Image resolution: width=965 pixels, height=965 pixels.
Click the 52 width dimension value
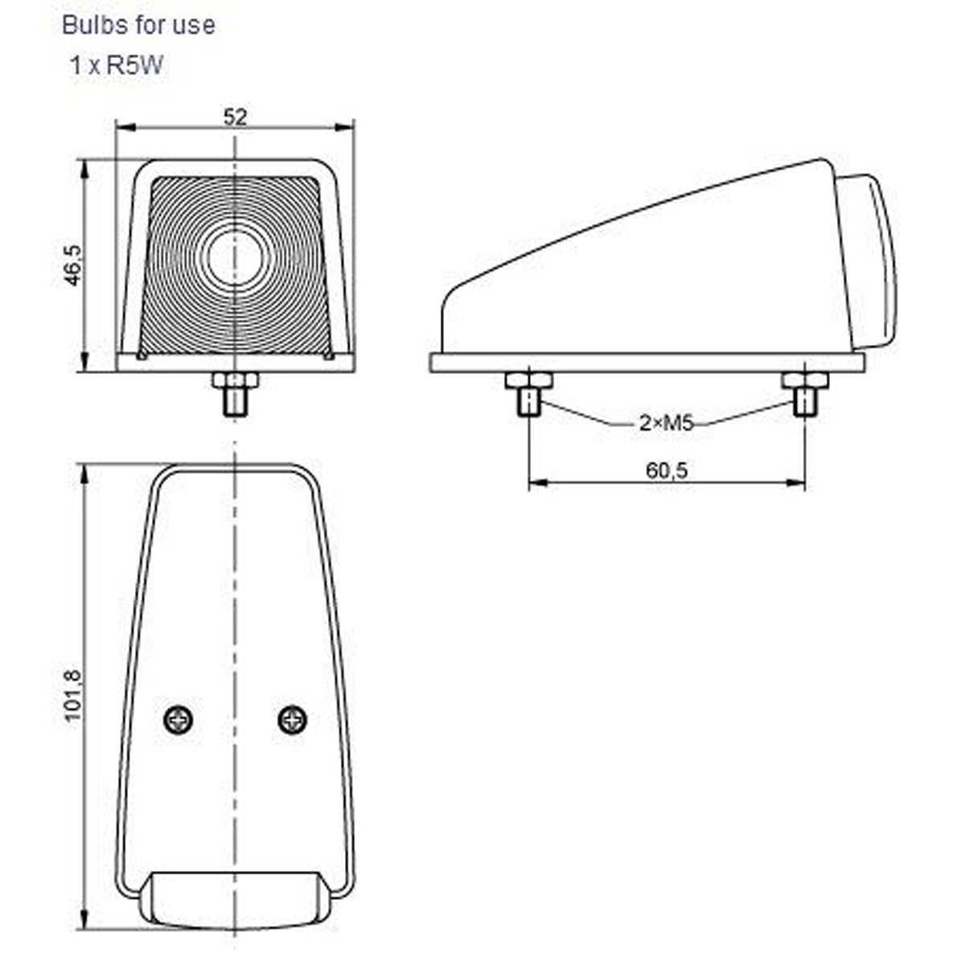235,117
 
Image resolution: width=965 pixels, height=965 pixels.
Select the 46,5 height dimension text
73,265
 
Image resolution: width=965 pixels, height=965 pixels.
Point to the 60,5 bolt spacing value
667,470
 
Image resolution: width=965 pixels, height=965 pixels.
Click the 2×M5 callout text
666,423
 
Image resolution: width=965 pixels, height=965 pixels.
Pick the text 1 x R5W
116,66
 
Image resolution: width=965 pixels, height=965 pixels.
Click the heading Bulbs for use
138,25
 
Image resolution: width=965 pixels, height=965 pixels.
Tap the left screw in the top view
179,719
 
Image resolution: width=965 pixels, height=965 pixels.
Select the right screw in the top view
293,719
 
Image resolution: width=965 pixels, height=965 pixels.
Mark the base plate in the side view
647,363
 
